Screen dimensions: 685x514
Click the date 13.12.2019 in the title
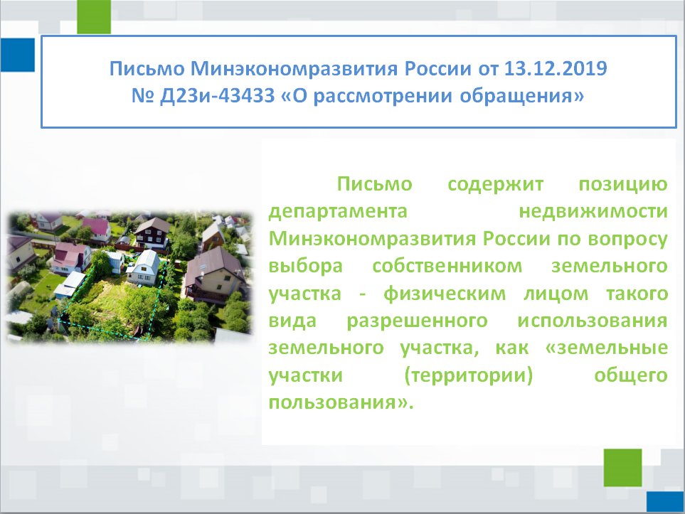[x=556, y=68]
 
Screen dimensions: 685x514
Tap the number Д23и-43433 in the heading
[x=218, y=95]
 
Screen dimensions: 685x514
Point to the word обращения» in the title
[x=521, y=96]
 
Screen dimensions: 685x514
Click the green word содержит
[x=495, y=184]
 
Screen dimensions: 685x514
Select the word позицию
[x=623, y=184]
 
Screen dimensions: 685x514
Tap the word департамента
[x=338, y=211]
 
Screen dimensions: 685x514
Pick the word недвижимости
[x=593, y=211]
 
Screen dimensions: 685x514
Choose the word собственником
[x=447, y=266]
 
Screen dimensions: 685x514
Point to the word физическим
[x=445, y=294]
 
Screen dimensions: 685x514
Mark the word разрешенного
[x=418, y=321]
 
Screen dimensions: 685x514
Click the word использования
[x=593, y=321]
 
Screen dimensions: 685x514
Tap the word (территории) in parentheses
[x=469, y=375]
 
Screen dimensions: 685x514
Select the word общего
[x=631, y=375]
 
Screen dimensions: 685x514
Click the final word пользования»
[x=341, y=402]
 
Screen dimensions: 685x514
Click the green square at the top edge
[x=94, y=17]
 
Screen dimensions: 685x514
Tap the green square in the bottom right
[x=623, y=468]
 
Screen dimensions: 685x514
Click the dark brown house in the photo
[x=152, y=232]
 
